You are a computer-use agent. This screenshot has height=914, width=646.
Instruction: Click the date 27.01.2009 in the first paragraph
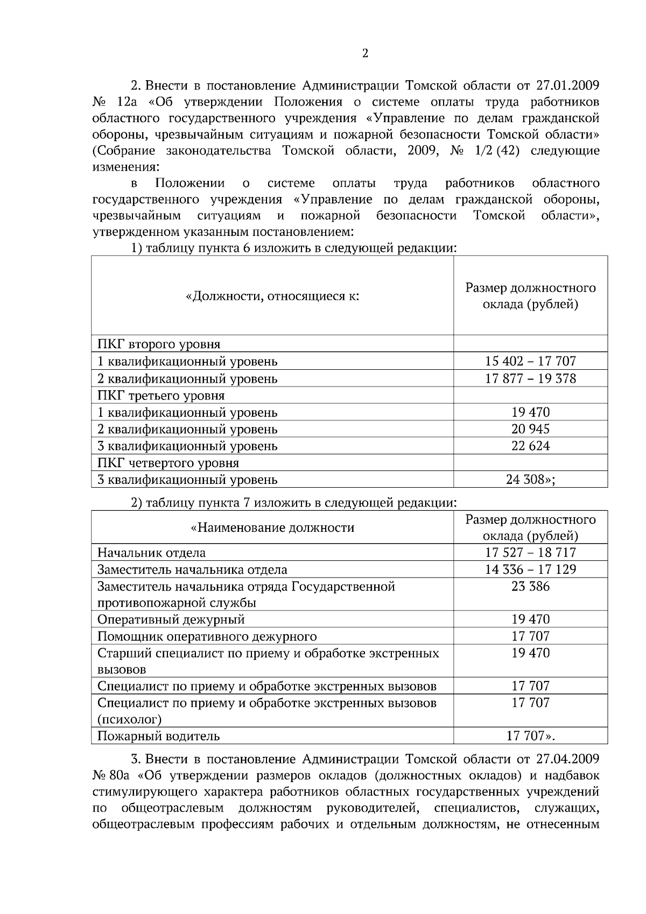click(568, 86)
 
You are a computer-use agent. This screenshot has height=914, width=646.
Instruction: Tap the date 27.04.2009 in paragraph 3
click(568, 759)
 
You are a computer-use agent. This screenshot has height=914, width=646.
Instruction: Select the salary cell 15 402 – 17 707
click(530, 361)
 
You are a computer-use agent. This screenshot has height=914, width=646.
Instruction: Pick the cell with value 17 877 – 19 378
click(530, 378)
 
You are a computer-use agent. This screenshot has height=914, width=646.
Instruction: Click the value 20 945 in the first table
click(530, 429)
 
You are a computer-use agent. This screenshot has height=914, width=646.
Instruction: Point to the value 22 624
click(530, 446)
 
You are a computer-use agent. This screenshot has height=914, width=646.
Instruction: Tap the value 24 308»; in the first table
click(530, 479)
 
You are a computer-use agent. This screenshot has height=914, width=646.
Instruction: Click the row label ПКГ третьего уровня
click(161, 396)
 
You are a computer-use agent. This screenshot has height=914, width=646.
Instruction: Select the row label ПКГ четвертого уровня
click(168, 463)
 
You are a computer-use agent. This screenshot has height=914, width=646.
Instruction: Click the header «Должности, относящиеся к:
click(272, 296)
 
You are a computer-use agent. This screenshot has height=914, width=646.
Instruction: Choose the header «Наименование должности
click(272, 528)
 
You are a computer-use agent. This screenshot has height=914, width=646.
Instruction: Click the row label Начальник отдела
click(151, 553)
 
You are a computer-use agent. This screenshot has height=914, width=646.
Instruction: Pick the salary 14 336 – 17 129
click(530, 570)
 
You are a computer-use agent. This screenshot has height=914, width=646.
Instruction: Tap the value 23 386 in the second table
click(530, 586)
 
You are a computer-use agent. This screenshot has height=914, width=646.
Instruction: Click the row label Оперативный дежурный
click(171, 620)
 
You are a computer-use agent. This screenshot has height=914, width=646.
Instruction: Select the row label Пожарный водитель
click(158, 736)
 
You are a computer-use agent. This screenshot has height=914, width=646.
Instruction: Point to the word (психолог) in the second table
click(129, 719)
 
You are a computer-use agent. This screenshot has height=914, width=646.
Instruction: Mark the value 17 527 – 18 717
click(530, 553)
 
